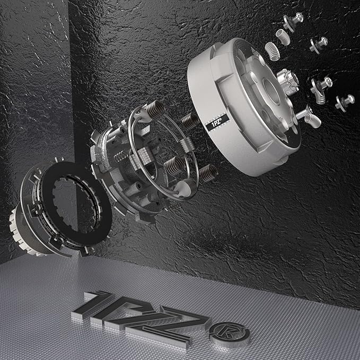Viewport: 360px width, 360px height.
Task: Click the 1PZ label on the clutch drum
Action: (x=217, y=122)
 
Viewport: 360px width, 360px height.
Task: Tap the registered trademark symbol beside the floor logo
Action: (x=230, y=334)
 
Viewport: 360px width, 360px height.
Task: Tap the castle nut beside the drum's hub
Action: (x=288, y=82)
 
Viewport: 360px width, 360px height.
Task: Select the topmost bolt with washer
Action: (x=293, y=21)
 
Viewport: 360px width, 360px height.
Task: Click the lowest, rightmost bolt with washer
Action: (x=345, y=102)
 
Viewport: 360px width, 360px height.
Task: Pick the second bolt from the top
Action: (x=319, y=45)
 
